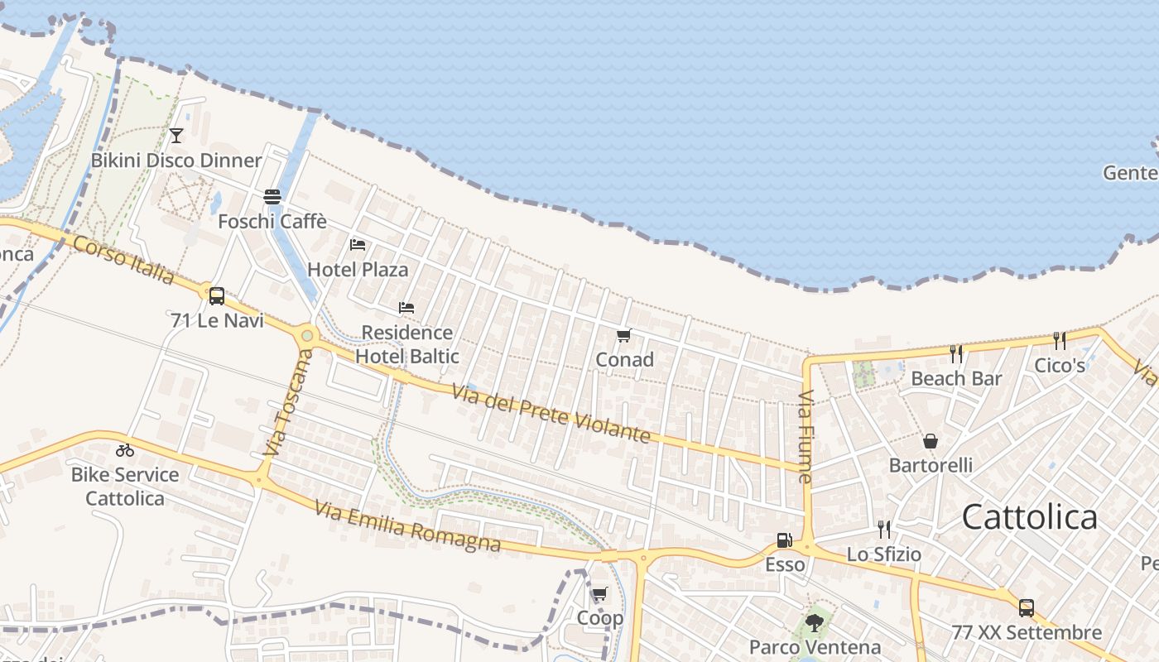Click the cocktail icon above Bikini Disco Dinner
176,136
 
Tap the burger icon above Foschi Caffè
272,197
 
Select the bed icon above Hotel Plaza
358,245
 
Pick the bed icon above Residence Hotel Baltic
406,308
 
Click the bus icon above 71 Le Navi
217,295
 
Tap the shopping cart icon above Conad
624,335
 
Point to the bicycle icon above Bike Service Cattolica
125,450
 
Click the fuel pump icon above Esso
784,540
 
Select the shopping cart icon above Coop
599,593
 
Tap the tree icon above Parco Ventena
814,622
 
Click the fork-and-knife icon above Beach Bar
956,354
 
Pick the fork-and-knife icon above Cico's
1059,340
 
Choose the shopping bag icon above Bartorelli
931,441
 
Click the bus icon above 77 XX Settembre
1027,608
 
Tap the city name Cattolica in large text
1030,517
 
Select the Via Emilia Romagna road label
407,525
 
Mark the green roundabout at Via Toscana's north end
308,336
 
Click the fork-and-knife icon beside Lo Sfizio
884,529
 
